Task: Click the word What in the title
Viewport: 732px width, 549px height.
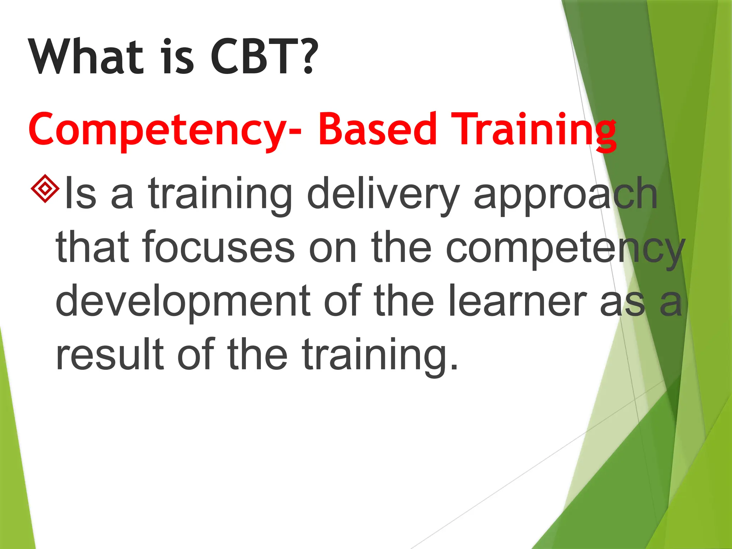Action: point(86,57)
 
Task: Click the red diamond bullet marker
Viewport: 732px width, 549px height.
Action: point(45,188)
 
